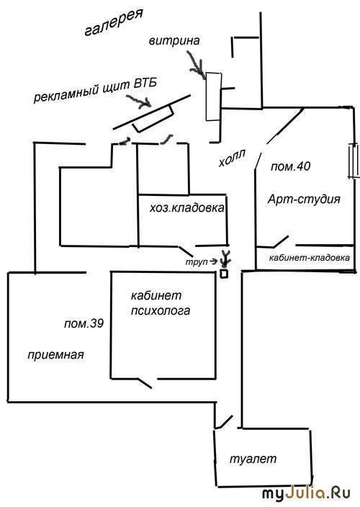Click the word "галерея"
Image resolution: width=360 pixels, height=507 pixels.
tap(114, 22)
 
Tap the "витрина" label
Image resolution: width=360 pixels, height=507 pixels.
tap(174, 41)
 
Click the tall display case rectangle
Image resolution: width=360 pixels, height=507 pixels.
tap(214, 97)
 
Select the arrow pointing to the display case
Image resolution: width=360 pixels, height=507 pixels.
tap(196, 66)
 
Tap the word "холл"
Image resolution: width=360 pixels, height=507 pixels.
tap(232, 158)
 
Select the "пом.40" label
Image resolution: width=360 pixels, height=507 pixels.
tap(291, 166)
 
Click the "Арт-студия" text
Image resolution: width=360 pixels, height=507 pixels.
tap(304, 199)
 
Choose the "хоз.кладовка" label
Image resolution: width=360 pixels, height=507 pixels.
tap(186, 207)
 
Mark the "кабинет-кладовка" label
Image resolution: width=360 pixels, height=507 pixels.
tap(310, 258)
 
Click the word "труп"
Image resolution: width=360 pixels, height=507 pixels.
tap(197, 262)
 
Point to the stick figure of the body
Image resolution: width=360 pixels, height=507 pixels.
tap(225, 258)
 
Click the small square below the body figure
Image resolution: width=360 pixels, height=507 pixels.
tap(224, 274)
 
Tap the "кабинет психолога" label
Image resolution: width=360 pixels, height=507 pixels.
tap(161, 303)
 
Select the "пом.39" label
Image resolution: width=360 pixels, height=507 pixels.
tap(84, 323)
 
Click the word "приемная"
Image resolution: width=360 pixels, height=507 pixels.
tap(55, 355)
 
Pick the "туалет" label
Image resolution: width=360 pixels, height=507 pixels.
tap(253, 459)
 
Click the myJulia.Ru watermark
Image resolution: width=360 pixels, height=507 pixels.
tap(306, 494)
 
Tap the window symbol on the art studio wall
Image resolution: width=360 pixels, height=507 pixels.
tap(354, 161)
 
